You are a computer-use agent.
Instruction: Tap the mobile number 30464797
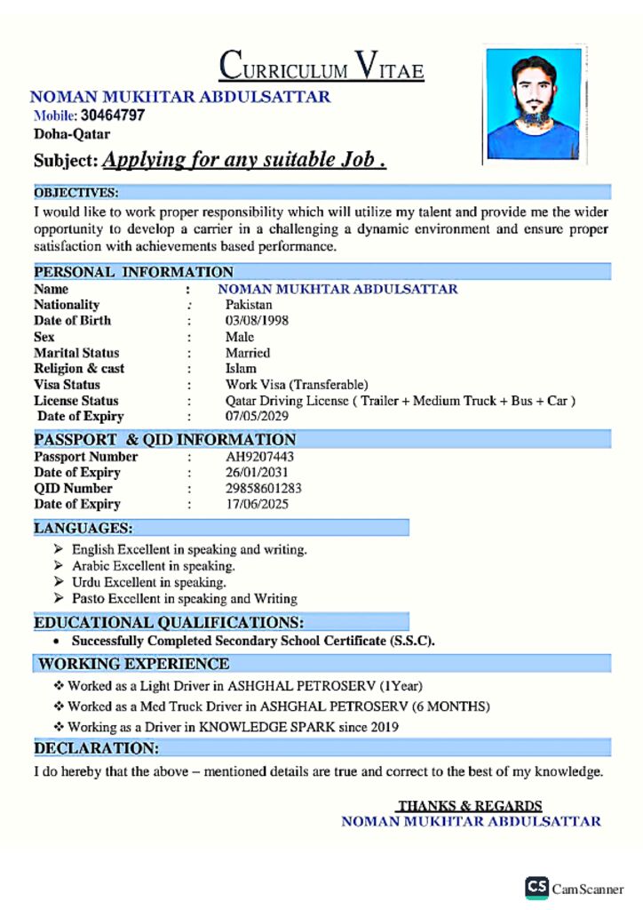[113, 116]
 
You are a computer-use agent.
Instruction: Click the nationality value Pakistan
[249, 305]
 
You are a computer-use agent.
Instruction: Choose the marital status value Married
[248, 353]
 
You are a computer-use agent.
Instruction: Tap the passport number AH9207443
[259, 457]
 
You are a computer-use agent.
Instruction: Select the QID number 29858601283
[264, 489]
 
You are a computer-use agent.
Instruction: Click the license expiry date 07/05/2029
[257, 416]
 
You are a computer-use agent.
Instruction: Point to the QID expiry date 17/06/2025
[257, 505]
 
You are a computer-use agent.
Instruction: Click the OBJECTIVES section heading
[76, 192]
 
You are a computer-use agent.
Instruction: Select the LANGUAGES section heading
[83, 528]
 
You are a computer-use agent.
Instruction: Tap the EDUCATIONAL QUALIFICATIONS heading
[169, 622]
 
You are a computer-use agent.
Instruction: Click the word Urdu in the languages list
[87, 582]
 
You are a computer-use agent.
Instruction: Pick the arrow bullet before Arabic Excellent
[59, 566]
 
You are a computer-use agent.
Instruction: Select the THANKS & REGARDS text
[470, 806]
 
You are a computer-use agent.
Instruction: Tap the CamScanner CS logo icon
[536, 887]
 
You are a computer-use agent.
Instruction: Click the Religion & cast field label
[79, 369]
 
